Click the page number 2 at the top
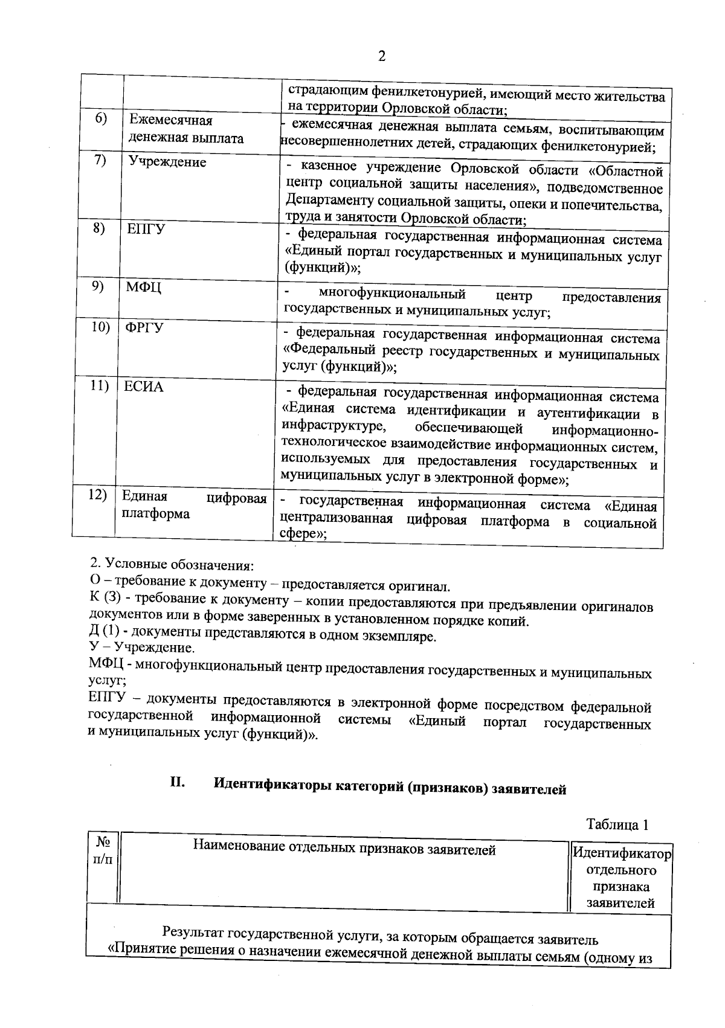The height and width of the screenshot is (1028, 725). click(381, 56)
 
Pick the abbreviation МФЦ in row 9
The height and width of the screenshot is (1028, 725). click(143, 288)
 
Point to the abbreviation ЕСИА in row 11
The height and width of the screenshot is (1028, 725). click(144, 387)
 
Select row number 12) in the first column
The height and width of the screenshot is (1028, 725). click(97, 495)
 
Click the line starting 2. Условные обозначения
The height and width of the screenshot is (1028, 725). click(172, 565)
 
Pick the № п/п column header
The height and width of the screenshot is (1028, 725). click(103, 849)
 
